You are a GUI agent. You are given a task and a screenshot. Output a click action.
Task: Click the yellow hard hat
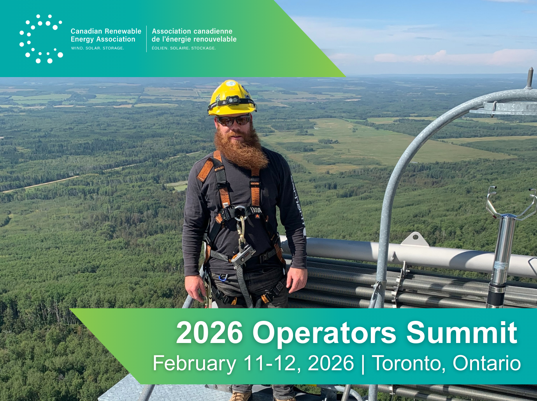[232, 98]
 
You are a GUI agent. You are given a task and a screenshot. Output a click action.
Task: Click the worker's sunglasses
[234, 120]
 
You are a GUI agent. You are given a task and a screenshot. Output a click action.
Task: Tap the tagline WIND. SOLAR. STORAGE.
[97, 48]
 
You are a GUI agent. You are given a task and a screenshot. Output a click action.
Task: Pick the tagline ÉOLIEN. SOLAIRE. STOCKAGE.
[184, 48]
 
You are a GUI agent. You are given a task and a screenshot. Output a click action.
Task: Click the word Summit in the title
[462, 333]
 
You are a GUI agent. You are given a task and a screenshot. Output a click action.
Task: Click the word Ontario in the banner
[486, 363]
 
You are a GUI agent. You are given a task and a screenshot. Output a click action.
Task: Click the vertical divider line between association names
[147, 39]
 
